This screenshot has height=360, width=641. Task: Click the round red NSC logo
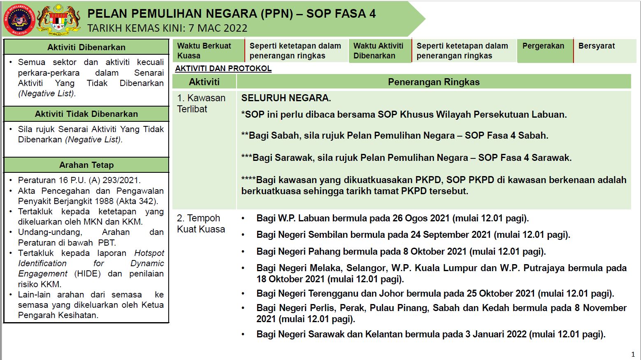19,19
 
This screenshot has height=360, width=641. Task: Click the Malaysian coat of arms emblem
58,19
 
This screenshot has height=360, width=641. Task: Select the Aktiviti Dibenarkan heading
86,47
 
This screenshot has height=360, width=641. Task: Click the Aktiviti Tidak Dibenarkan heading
86,114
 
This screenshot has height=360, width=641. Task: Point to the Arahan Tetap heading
86,165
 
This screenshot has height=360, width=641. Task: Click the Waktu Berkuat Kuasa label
204,51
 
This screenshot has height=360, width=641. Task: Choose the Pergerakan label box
543,46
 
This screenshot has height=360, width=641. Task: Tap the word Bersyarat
596,46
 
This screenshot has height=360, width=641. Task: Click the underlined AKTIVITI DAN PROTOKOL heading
223,68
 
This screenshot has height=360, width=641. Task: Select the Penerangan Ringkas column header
434,82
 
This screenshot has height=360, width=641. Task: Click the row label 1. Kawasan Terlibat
201,103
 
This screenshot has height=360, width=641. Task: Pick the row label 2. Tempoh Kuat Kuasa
201,223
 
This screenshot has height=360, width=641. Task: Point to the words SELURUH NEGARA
286,98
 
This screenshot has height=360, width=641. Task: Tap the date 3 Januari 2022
496,334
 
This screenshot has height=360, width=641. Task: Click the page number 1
633,354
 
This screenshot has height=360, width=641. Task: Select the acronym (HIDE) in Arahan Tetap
87,274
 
